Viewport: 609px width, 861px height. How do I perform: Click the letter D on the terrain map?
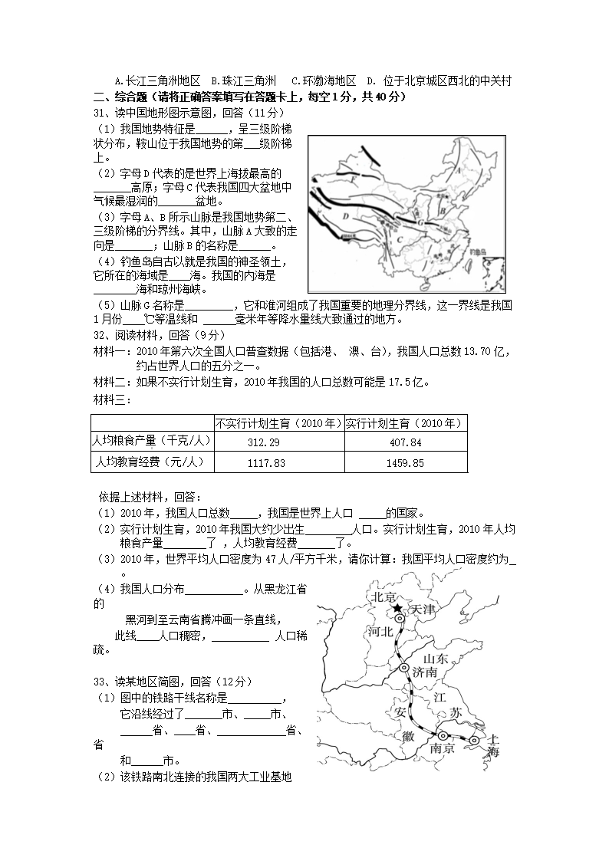click(x=346, y=216)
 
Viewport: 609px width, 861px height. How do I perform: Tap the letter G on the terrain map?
click(x=420, y=222)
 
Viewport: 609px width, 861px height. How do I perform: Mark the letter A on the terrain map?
click(x=457, y=172)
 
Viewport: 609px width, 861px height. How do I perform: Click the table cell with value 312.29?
click(x=279, y=442)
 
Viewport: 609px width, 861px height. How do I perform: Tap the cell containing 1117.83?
click(x=279, y=463)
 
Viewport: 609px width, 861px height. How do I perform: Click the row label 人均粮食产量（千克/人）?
click(x=151, y=441)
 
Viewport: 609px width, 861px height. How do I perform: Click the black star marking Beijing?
click(x=397, y=610)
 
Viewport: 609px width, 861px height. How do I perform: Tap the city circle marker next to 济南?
click(x=403, y=669)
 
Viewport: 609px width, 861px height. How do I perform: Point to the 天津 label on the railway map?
click(x=423, y=610)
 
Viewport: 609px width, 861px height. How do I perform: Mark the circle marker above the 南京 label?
click(x=443, y=735)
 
